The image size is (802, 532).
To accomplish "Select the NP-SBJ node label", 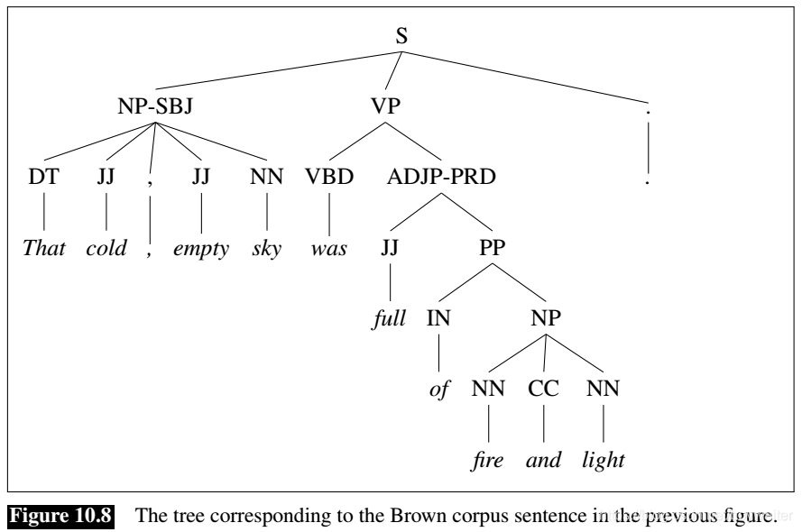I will pos(155,106).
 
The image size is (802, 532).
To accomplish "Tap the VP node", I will pos(385,106).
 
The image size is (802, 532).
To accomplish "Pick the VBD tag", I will pos(328,176).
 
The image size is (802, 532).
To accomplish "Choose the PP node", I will pos(493,246).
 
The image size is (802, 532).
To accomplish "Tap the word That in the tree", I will pos(44,248).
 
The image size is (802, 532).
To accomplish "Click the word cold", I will pos(107,248).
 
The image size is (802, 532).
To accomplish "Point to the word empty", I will pos(200,249).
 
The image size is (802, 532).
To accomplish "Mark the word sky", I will pos(266,249).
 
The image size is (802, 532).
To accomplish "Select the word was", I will pos(328,248).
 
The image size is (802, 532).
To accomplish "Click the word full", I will pos(389,318).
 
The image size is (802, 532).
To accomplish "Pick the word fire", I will pos(488,460).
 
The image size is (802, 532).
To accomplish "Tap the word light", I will pos(604,460).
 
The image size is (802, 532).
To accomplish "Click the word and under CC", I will pos(544,460).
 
